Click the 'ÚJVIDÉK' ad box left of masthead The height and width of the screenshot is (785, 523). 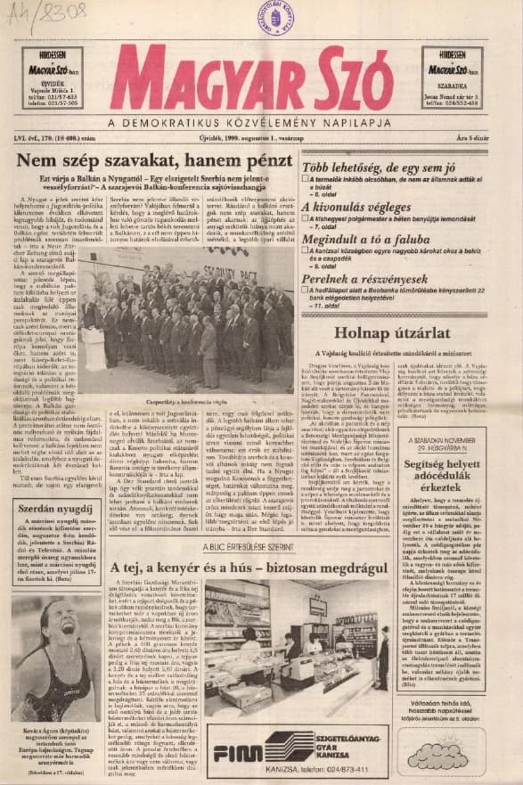[x=53, y=78]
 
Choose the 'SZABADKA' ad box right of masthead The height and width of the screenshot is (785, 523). [x=452, y=78]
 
